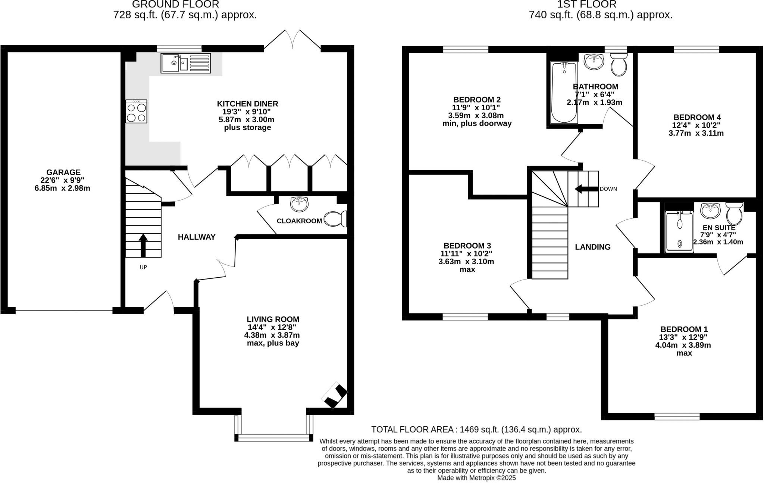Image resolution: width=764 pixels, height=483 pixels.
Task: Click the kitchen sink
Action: (186, 63)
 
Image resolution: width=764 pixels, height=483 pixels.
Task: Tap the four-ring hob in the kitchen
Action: (136, 111)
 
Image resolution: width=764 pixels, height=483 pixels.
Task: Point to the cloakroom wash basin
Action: (299, 204)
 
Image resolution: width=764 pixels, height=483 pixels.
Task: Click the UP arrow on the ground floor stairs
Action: (143, 245)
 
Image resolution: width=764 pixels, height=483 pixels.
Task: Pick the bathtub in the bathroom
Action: (564, 92)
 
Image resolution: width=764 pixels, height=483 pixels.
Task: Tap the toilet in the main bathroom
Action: (619, 65)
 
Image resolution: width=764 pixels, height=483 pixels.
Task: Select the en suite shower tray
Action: (679, 231)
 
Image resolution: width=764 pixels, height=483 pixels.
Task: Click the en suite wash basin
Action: (710, 210)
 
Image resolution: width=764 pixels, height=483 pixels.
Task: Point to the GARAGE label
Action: (63, 172)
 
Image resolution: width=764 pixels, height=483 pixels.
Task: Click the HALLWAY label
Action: (197, 237)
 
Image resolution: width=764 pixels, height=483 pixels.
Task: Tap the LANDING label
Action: (592, 247)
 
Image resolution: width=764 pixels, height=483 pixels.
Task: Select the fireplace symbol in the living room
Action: (335, 396)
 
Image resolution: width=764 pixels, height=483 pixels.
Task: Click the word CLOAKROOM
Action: (299, 221)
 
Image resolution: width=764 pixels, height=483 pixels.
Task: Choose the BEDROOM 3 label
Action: (467, 246)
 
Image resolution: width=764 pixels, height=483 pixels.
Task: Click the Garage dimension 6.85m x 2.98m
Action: (62, 188)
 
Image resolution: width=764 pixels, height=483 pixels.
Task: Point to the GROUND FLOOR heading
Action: (175, 4)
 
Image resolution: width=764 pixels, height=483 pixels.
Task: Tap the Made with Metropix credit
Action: (476, 478)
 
